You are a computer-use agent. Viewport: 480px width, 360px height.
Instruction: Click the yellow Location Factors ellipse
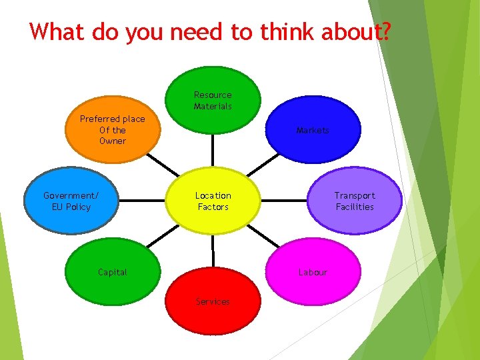(213, 201)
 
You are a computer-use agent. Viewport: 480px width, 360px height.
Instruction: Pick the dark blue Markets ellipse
(313, 130)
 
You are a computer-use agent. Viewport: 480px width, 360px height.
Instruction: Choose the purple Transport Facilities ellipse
(355, 201)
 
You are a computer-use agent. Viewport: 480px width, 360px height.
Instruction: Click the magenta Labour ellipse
(313, 271)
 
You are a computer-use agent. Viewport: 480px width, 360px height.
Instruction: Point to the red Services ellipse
(213, 301)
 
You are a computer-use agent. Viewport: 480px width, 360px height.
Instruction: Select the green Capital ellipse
(113, 271)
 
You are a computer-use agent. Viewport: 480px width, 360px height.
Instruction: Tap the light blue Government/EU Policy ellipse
(71, 201)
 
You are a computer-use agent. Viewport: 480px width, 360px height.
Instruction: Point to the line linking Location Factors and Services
(213, 250)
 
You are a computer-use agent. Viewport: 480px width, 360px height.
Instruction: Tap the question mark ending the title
(384, 32)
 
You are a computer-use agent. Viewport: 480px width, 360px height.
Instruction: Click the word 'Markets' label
(313, 130)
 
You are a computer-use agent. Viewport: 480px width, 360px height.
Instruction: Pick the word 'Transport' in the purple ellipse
(355, 195)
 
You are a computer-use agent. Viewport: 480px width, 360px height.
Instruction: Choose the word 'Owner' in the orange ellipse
(113, 141)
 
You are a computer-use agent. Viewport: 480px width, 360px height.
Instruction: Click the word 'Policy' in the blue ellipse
(79, 207)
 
